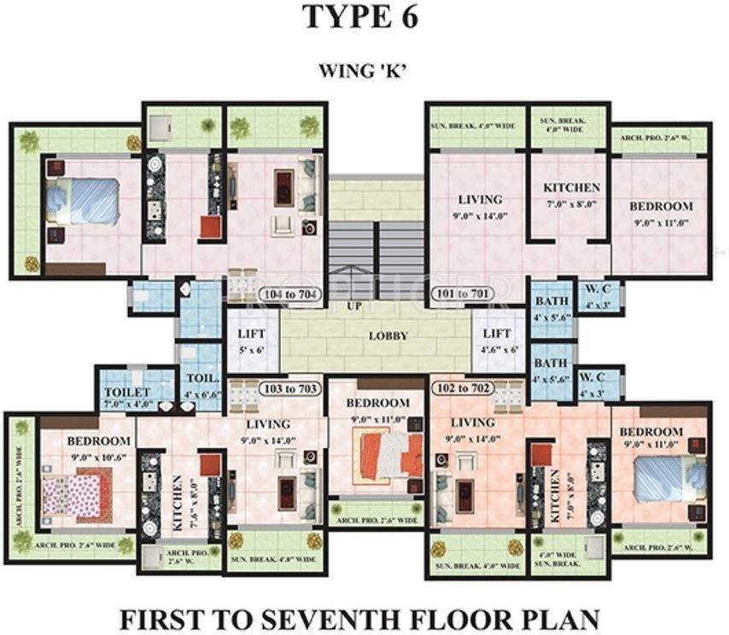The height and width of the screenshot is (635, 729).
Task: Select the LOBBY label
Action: coord(388,335)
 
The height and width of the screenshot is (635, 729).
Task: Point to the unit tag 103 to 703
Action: coord(290,387)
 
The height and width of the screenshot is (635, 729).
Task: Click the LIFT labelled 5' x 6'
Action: coord(252,341)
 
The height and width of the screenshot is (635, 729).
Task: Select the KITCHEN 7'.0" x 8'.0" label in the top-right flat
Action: coord(571,195)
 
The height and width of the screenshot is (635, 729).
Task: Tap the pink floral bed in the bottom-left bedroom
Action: coord(78,496)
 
